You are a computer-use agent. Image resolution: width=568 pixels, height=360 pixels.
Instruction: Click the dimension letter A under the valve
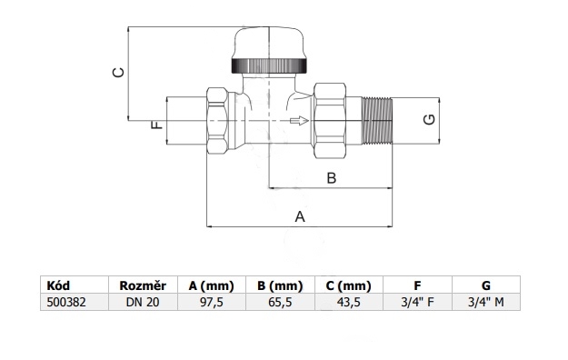(300, 216)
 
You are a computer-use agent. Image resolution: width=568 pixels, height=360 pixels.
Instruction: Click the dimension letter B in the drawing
(332, 178)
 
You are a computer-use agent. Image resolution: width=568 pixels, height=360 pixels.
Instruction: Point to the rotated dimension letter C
(118, 73)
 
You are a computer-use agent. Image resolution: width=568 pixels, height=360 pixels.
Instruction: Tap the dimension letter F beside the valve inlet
(156, 125)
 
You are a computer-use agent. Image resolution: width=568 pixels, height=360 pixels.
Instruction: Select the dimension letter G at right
(429, 119)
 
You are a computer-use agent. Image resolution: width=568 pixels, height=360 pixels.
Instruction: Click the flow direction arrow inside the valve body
(299, 121)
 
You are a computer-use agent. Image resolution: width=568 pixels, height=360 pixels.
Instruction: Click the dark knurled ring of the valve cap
(269, 66)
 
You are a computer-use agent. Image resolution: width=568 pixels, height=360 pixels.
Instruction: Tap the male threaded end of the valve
(377, 121)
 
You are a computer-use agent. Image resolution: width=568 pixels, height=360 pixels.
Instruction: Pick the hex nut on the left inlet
(217, 121)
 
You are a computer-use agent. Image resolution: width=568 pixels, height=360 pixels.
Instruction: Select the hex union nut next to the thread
(330, 121)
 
